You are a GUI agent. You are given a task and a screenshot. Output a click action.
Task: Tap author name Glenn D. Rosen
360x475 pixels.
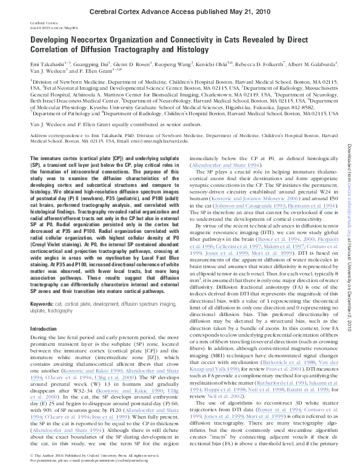[125, 63]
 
